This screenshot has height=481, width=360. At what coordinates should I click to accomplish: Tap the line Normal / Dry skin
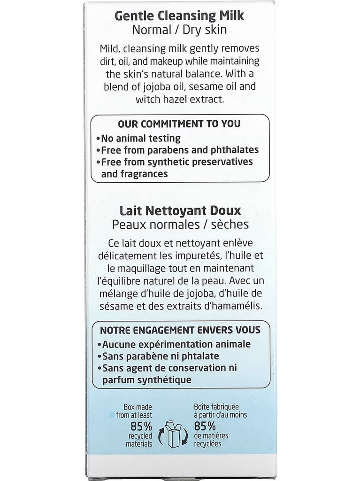tap(180, 31)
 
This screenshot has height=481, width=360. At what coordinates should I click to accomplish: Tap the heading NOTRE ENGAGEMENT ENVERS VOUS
tap(181, 330)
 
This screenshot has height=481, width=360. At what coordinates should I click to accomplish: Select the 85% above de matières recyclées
tap(205, 427)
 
